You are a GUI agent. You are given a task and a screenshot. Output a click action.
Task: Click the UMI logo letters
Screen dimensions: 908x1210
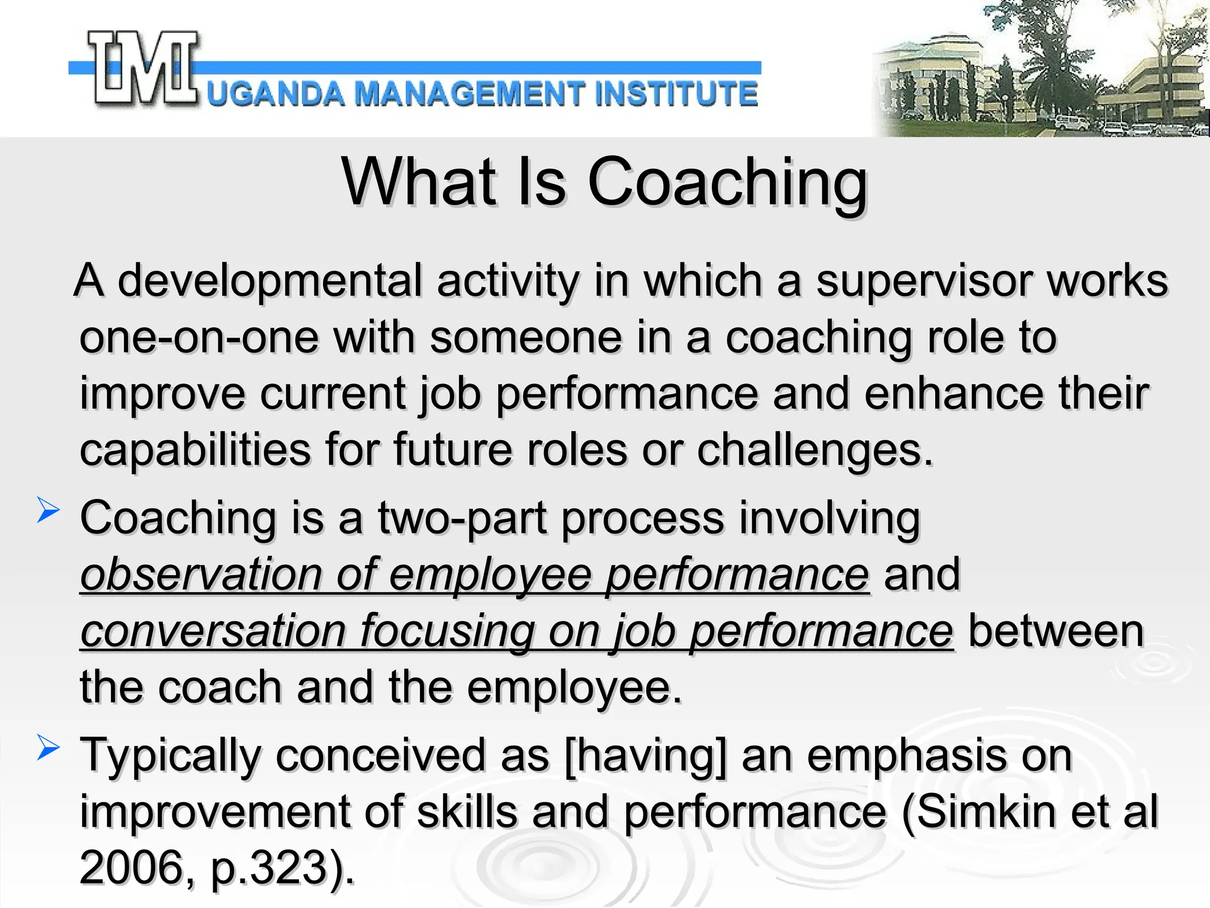[x=144, y=70]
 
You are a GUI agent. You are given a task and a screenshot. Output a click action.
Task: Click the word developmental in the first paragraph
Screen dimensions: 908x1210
[x=270, y=281]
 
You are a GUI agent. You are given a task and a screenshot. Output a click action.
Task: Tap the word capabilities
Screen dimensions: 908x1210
[x=195, y=450]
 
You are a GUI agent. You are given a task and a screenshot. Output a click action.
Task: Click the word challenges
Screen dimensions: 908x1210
[x=815, y=450]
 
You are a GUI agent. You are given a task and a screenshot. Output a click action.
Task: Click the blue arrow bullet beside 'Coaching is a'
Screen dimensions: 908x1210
[x=48, y=510]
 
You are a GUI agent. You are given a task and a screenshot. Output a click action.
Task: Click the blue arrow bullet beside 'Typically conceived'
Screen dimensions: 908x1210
[x=48, y=747]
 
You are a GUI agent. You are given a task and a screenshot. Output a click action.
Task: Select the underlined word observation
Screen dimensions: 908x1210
[x=201, y=575]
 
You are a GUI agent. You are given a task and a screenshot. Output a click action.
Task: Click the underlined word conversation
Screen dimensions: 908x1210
[x=213, y=631]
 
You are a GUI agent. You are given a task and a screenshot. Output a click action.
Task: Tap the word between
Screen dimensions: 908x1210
[x=1056, y=631]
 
